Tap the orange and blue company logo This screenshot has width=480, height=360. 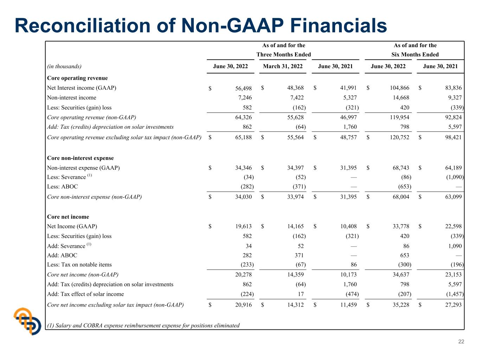[27, 321]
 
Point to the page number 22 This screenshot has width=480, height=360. [461, 341]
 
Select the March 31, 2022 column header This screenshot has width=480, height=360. [282, 66]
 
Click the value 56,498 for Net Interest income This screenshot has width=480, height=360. [243, 88]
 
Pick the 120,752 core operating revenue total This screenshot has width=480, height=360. [399, 137]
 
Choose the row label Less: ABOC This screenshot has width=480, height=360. [63, 186]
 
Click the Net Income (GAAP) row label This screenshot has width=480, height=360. [72, 226]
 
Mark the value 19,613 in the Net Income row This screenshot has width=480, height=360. [243, 226]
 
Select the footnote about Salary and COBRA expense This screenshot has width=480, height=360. [143, 326]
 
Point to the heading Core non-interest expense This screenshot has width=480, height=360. [81, 158]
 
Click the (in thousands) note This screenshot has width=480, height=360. [64, 66]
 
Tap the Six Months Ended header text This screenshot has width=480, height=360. [415, 54]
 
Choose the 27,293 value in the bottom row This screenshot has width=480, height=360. [453, 305]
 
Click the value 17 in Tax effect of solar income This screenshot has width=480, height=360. [301, 294]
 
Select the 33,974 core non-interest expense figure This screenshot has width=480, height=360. [295, 197]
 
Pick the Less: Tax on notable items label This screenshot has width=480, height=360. [79, 264]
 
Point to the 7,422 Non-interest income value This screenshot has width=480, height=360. [297, 97]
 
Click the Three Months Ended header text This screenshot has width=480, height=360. [284, 54]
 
